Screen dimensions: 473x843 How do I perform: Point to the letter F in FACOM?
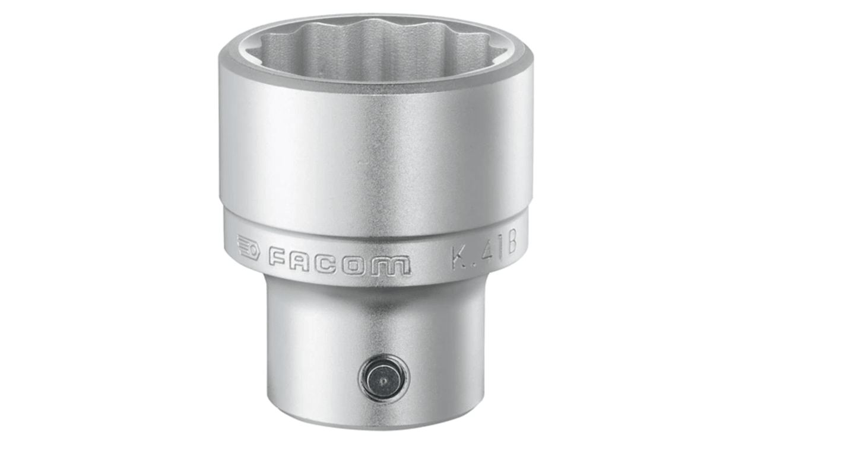[277, 259]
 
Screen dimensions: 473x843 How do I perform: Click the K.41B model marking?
[484, 252]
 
